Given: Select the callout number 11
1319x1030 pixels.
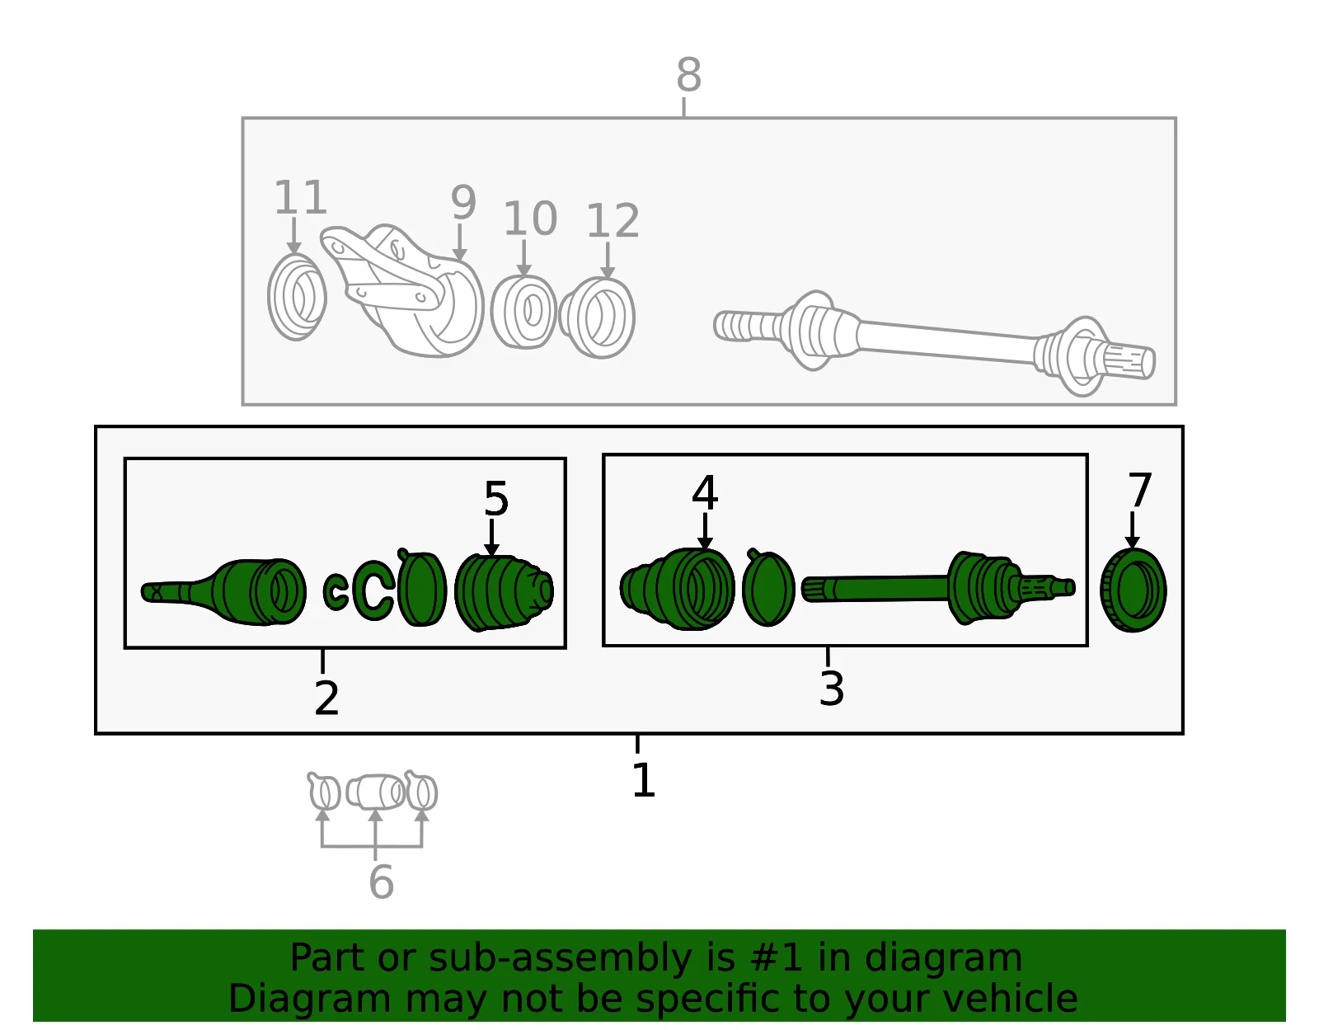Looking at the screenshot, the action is click(x=300, y=197).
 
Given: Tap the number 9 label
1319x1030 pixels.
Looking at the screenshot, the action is click(x=463, y=203).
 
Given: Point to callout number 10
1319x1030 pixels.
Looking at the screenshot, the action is click(x=530, y=219).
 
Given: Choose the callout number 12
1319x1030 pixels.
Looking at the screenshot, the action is click(x=613, y=221).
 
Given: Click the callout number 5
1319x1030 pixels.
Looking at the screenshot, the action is click(x=496, y=499).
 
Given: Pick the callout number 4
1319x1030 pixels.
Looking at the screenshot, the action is click(x=705, y=492).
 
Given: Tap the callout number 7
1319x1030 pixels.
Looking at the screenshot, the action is click(x=1139, y=490).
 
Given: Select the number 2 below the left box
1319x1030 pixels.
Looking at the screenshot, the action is click(x=326, y=698).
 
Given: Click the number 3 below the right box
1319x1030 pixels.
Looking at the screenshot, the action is click(x=832, y=689).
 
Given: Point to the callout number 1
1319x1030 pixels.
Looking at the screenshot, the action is click(x=643, y=780).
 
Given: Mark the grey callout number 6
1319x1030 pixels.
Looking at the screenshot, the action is click(x=381, y=882).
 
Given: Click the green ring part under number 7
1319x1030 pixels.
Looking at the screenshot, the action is click(x=1134, y=590).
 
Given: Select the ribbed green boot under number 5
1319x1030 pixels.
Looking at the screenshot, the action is click(x=503, y=592).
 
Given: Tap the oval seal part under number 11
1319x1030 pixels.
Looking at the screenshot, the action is click(x=297, y=297).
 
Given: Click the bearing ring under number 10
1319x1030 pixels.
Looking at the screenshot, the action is click(x=523, y=312).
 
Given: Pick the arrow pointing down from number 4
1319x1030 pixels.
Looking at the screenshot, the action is click(x=705, y=532).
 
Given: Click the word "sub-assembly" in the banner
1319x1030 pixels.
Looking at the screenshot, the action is click(x=559, y=957).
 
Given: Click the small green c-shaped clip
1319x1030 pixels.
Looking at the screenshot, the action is click(x=336, y=592).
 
